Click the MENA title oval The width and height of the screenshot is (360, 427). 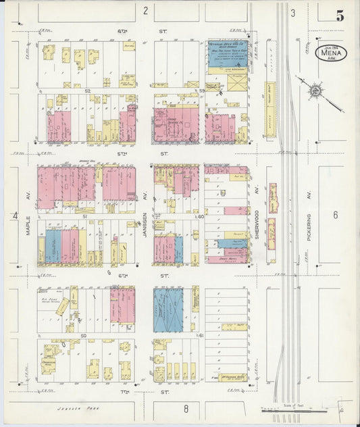click(331, 51)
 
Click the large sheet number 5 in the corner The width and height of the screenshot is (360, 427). click(340, 16)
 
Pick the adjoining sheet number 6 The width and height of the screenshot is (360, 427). click(334, 215)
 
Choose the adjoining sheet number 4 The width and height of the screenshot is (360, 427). click(14, 215)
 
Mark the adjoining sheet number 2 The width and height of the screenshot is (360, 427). click(145, 10)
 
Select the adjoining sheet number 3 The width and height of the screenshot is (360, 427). click(293, 13)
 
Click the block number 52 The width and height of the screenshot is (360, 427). click(86, 89)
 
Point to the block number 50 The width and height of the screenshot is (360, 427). click(84, 335)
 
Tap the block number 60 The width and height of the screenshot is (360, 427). click(201, 216)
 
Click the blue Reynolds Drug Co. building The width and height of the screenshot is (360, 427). click(228, 51)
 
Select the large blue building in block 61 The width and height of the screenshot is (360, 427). click(168, 309)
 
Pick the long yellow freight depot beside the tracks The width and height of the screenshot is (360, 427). click(270, 109)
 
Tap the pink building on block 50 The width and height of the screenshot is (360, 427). click(122, 305)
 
